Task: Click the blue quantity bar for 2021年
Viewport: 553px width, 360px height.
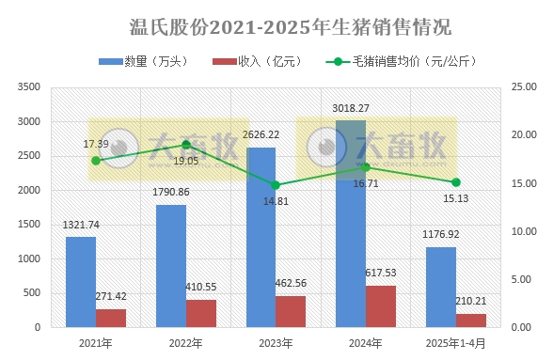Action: click(81, 282)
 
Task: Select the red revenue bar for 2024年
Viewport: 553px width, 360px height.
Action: click(380, 306)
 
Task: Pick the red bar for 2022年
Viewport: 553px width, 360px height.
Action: click(200, 313)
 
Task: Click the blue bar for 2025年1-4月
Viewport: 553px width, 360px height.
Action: click(440, 287)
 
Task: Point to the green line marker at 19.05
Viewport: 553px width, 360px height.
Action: click(186, 145)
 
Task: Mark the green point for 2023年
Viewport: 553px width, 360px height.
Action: click(276, 185)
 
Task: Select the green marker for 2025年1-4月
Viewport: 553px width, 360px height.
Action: click(455, 182)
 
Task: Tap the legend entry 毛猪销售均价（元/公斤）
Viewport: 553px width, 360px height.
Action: click(403, 61)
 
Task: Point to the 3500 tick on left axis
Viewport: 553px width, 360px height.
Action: click(28, 87)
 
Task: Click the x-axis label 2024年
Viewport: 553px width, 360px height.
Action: click(366, 341)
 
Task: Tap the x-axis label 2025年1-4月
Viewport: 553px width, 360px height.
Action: click(455, 341)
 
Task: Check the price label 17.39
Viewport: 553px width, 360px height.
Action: click(96, 144)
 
